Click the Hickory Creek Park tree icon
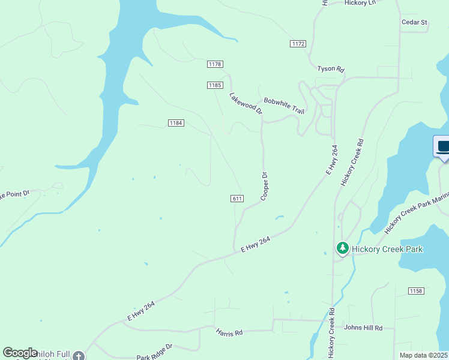(342, 248)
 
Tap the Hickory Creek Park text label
(387, 249)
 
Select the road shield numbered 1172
(297, 44)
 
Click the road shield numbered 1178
(215, 64)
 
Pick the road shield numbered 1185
(215, 85)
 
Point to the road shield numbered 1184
(175, 123)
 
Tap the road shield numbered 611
(237, 199)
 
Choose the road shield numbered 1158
(415, 291)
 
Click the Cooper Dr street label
(264, 186)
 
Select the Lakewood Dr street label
(246, 103)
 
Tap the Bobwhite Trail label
(284, 106)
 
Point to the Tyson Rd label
(330, 69)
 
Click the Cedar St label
(414, 23)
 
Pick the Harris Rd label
(230, 332)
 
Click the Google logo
(20, 353)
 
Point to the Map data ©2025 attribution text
(423, 355)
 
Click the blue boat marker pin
(443, 147)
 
